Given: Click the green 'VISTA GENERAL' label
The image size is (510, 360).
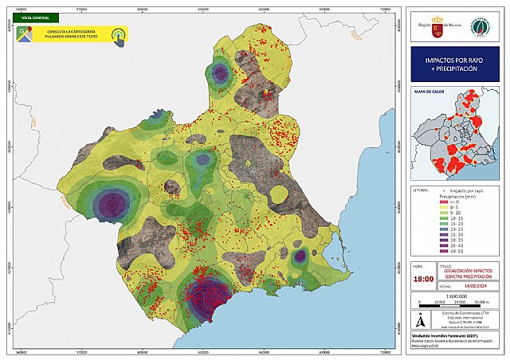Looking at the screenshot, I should click(33, 16).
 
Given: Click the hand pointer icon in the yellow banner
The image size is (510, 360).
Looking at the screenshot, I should click(119, 36).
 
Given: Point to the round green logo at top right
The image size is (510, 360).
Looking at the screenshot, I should click(479, 25).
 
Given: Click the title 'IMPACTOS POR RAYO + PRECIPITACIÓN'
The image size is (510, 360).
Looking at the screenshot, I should click(451, 63).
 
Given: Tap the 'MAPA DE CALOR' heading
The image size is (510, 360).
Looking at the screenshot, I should click(429, 92).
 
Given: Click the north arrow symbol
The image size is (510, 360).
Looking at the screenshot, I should click(421, 320).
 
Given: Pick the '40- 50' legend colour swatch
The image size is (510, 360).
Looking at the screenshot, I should click(447, 251).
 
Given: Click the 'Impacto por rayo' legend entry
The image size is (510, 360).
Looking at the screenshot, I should click(466, 191).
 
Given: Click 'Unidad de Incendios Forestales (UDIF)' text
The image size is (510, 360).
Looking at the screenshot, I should click(441, 337).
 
